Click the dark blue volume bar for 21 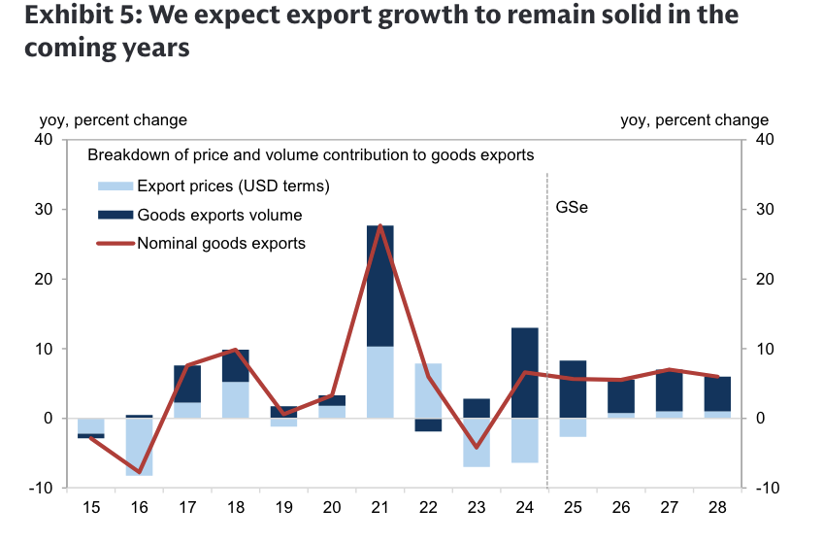coord(380,286)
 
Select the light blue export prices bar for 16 coord(140,447)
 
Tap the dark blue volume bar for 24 coord(524,372)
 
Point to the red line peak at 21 coord(380,225)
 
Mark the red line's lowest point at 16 coord(140,473)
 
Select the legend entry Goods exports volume coord(219,215)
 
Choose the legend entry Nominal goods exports coord(221,243)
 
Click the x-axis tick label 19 coord(283,507)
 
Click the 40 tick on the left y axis coord(43,140)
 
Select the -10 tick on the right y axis coord(765,488)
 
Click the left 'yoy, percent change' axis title coord(113,120)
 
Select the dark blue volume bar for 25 coord(573,389)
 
